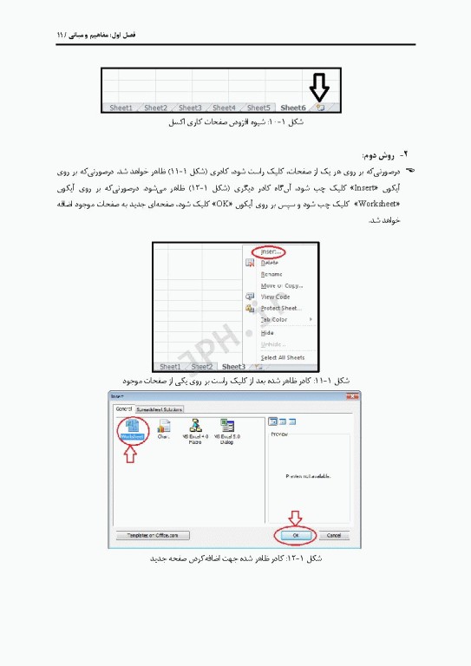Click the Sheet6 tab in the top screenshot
tap(293, 108)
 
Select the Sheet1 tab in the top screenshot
tap(121, 108)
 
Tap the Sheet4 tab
tap(225, 108)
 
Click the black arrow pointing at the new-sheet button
tap(320, 87)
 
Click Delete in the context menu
tap(270, 262)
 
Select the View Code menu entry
tap(276, 297)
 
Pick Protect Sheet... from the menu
tap(280, 308)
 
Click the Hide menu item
tap(267, 332)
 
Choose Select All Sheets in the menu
tap(282, 357)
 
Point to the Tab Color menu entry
tap(274, 320)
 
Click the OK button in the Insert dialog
tap(296, 535)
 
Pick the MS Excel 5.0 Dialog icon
tap(226, 430)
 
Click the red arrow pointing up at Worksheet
tap(131, 457)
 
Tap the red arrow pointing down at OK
tap(294, 518)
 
